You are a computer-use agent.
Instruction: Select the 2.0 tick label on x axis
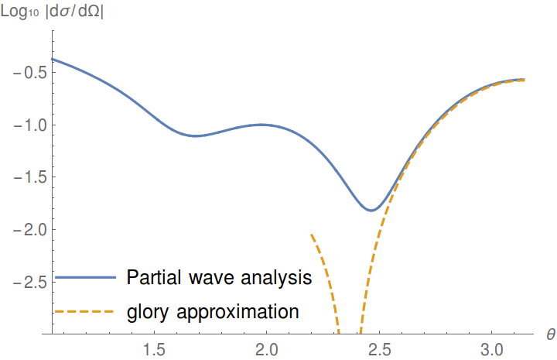click(267, 349)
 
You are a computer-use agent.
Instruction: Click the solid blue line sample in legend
click(85, 277)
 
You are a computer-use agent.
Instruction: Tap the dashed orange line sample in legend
click(85, 312)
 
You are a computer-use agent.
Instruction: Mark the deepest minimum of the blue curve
click(371, 210)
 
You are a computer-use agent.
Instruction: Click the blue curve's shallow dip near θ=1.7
click(196, 136)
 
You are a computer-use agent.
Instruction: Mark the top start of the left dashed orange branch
click(311, 234)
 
